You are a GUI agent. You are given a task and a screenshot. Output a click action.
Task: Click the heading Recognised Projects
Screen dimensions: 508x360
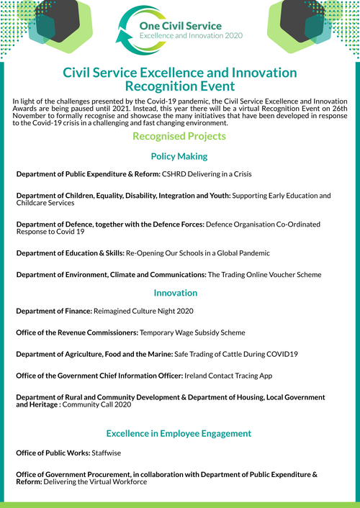pos(179,136)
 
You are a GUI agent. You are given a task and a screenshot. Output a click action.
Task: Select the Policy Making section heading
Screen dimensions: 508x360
pos(179,156)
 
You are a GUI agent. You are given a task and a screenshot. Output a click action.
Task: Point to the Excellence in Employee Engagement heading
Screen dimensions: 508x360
pos(179,433)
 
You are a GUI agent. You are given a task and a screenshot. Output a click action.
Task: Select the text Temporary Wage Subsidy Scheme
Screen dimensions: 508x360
pos(192,332)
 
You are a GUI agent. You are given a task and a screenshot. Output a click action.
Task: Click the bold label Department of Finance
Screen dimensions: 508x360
pos(54,311)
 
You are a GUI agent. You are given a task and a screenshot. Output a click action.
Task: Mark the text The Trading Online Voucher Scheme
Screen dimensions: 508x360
pos(264,275)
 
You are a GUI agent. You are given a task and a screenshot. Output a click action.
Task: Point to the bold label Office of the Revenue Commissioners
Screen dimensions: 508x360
pos(76,332)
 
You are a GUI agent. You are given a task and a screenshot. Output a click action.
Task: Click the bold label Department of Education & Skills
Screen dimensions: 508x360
pos(73,253)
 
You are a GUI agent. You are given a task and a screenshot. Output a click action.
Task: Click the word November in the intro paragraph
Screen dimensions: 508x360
pos(32,117)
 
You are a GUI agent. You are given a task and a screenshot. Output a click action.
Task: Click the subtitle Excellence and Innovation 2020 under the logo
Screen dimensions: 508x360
pos(191,35)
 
